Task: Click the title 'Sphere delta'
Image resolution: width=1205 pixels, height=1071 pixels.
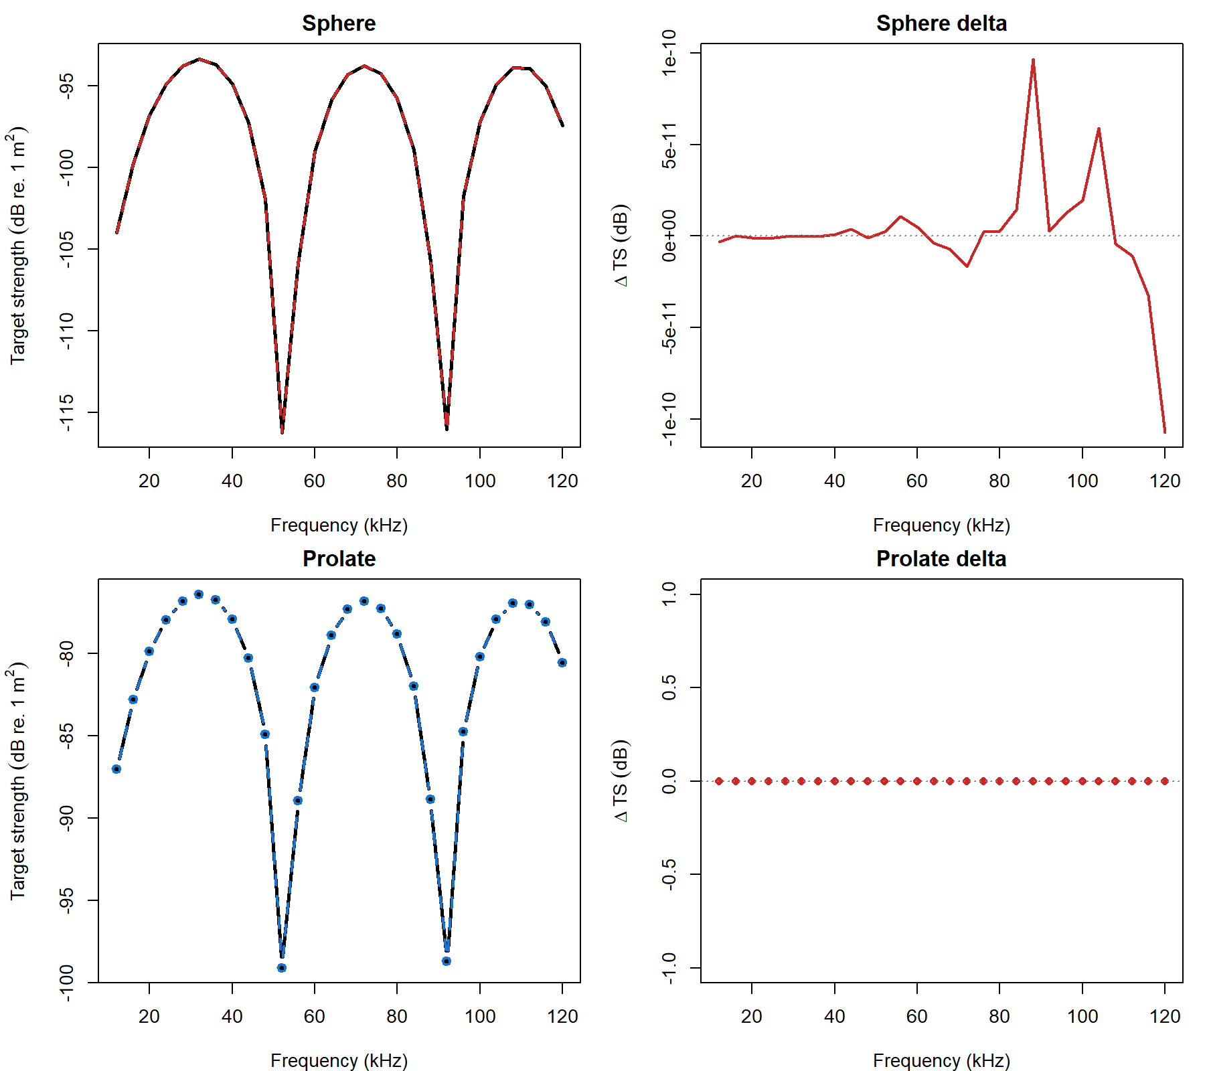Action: coord(941,23)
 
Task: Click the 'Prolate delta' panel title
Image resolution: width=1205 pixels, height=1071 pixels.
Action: coord(941,559)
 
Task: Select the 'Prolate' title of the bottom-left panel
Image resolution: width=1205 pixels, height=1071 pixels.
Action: coord(339,559)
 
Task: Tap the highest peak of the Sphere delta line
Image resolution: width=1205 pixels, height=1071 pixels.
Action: coord(1033,60)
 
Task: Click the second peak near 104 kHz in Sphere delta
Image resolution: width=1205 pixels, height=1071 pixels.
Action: coord(1099,129)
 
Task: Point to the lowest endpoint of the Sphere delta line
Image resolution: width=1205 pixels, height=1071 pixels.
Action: coord(1165,432)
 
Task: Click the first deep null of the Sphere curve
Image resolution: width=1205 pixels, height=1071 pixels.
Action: coord(282,432)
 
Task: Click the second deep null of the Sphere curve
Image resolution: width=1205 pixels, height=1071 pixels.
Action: coord(447,428)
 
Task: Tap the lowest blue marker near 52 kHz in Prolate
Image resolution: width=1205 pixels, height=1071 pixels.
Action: coord(282,968)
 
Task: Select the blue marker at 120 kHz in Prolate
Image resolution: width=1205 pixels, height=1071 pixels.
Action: coord(562,663)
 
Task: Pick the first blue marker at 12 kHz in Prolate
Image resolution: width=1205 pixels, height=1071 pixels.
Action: coord(116,769)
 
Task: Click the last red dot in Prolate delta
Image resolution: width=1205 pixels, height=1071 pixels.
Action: coord(1165,781)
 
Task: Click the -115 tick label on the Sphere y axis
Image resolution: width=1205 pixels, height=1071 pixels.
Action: coord(66,412)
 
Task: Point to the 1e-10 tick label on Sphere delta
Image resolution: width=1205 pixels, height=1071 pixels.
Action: coord(669,53)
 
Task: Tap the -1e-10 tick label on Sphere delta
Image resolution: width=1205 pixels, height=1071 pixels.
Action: coord(669,419)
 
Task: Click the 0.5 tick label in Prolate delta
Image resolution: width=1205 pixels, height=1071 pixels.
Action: coord(669,687)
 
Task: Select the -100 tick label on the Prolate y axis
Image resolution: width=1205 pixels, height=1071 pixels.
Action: coord(66,983)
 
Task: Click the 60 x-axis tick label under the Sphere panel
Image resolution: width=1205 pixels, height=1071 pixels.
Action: coord(314,481)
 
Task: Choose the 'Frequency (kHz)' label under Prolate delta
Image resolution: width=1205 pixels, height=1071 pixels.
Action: coord(941,1060)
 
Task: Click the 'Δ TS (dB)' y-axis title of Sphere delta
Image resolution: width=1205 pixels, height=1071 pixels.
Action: coord(621,246)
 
